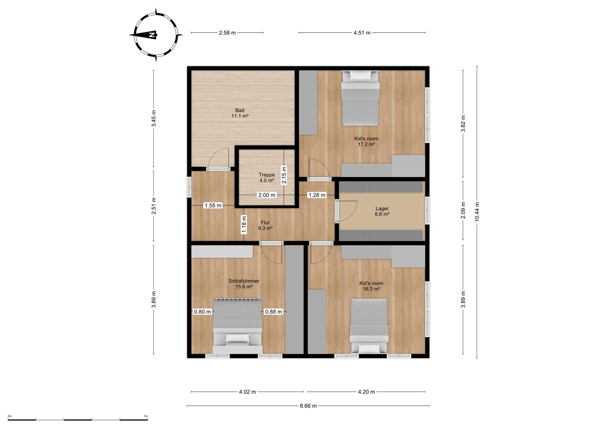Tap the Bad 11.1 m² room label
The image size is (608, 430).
click(x=240, y=113)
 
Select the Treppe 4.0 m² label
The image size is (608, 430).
click(x=266, y=177)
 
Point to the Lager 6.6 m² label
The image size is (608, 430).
click(x=382, y=211)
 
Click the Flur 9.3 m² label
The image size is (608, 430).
click(x=265, y=225)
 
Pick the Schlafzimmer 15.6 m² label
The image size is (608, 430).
click(x=244, y=284)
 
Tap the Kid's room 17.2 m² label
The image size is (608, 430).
click(x=366, y=141)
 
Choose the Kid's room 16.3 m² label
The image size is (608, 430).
click(x=371, y=286)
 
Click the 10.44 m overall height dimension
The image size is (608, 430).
click(x=477, y=212)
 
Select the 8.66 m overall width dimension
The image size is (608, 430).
click(x=308, y=406)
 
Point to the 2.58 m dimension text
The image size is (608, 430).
click(x=227, y=33)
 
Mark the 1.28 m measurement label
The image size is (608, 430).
click(x=317, y=195)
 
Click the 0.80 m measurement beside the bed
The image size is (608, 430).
click(x=202, y=312)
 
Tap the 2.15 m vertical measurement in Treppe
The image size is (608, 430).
click(x=284, y=175)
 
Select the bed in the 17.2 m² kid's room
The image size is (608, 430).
click(x=360, y=98)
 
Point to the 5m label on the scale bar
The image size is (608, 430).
click(x=146, y=416)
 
